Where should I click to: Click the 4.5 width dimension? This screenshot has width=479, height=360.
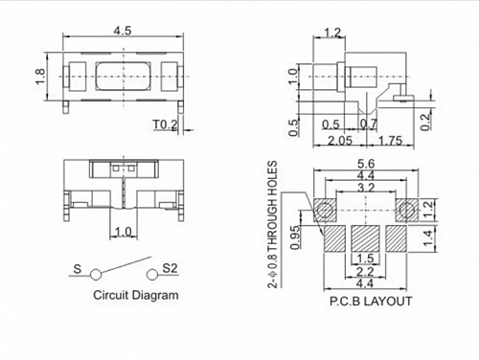123,31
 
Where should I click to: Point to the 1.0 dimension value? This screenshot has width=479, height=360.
123,232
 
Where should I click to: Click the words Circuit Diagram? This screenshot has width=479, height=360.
134,296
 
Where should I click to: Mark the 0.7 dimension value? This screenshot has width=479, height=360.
370,124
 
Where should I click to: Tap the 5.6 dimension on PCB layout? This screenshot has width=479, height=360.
367,163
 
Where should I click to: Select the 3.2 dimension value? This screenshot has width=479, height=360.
367,189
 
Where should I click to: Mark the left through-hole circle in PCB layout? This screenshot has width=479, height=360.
326,208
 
